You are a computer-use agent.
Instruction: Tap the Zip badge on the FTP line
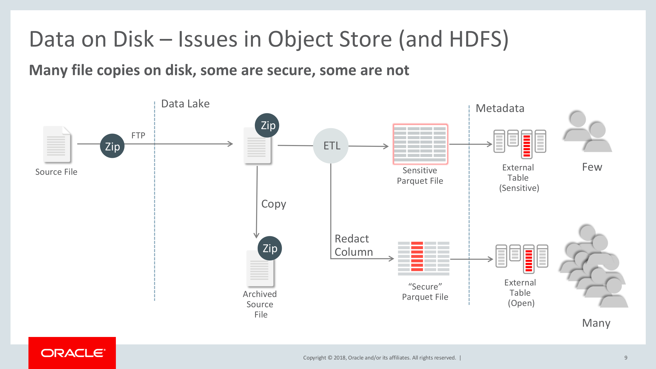click(112, 146)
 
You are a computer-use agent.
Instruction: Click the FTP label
click(138, 135)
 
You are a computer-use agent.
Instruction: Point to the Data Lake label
click(185, 104)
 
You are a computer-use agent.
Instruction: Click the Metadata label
click(500, 108)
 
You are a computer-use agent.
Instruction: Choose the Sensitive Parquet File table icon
click(420, 144)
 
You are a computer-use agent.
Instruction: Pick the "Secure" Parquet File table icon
click(423, 258)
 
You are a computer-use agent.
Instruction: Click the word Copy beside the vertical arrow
click(274, 204)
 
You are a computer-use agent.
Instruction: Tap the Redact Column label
click(354, 245)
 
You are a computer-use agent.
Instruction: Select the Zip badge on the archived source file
click(270, 248)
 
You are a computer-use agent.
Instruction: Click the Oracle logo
click(72, 353)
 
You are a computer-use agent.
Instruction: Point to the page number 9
click(626, 358)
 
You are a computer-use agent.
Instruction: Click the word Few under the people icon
click(592, 167)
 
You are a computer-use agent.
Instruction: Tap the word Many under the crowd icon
click(596, 323)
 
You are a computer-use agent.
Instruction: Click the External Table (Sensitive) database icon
click(520, 144)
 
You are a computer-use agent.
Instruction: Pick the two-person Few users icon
click(587, 132)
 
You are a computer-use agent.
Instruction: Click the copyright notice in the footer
click(379, 358)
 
